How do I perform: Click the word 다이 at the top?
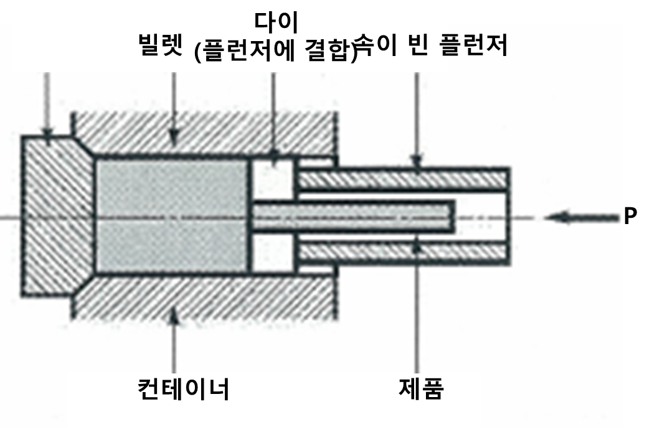[278, 22]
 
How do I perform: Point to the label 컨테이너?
[184, 390]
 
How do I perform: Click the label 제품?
[420, 390]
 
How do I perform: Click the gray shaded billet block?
[171, 215]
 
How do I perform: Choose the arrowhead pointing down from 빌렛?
[174, 136]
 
